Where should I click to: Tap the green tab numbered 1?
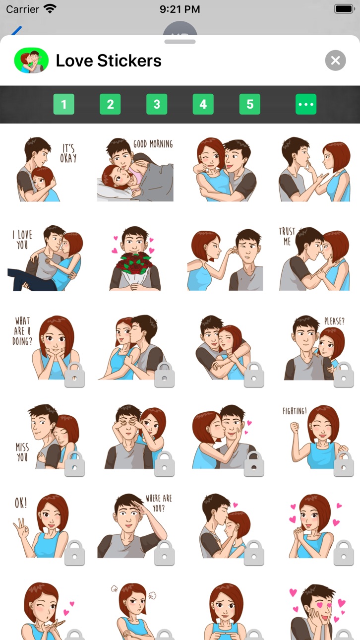pos(63,104)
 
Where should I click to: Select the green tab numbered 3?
pos(157,104)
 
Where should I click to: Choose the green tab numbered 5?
pos(250,104)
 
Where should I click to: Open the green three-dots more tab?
pos(306,104)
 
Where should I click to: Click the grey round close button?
pos(335,61)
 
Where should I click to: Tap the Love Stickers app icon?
pos(31,61)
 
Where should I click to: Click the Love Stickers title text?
pos(109,61)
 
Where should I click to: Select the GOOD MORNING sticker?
pos(135,170)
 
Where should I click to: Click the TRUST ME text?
pos(287,236)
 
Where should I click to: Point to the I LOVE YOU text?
pos(22,240)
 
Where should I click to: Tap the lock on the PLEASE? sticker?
pos(344,375)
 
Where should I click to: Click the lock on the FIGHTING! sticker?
pos(344,464)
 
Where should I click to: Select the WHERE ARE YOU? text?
pos(159,504)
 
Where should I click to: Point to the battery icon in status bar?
pos(345,9)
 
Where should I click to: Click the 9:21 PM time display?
pos(180,9)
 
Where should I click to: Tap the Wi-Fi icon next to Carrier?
pos(50,9)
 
